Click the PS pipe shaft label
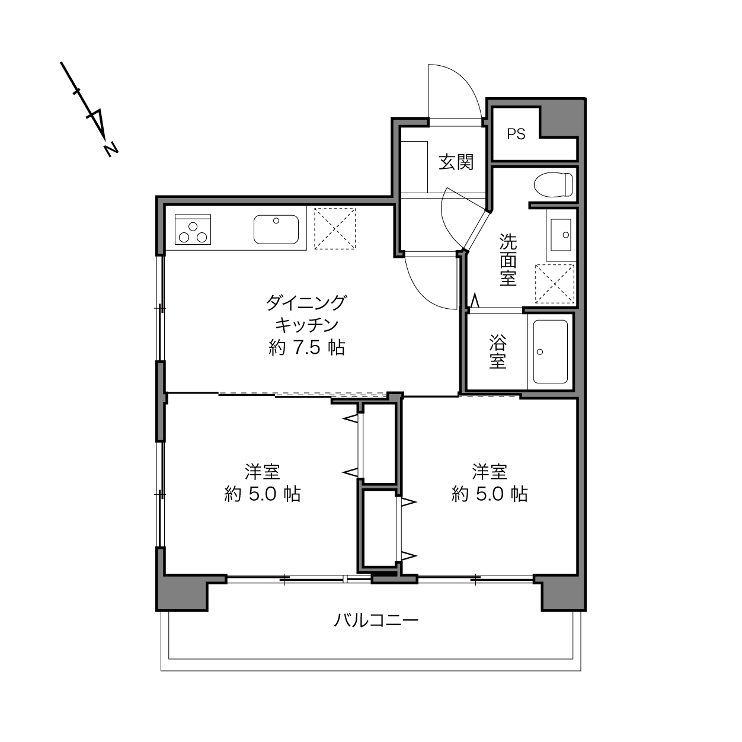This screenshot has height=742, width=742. (516, 134)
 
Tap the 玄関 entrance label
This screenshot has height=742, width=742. (456, 162)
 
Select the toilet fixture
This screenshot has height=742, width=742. (554, 184)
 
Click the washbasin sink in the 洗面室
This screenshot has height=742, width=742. (561, 235)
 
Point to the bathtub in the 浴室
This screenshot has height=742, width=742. (550, 351)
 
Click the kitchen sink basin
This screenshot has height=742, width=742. (276, 229)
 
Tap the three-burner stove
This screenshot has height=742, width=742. (193, 229)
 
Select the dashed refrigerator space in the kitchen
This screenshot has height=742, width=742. (335, 229)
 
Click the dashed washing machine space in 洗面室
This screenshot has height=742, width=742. (555, 284)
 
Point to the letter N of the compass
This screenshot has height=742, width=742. (111, 150)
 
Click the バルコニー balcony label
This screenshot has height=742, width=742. (376, 621)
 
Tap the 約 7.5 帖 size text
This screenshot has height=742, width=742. (306, 348)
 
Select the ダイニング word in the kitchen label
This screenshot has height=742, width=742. (306, 303)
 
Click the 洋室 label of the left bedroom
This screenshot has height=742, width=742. (262, 472)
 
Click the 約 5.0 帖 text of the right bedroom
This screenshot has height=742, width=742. (490, 494)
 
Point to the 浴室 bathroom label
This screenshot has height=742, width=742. (497, 351)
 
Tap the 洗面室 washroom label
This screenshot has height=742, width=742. (508, 260)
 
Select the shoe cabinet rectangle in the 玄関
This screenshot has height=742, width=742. (414, 167)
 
